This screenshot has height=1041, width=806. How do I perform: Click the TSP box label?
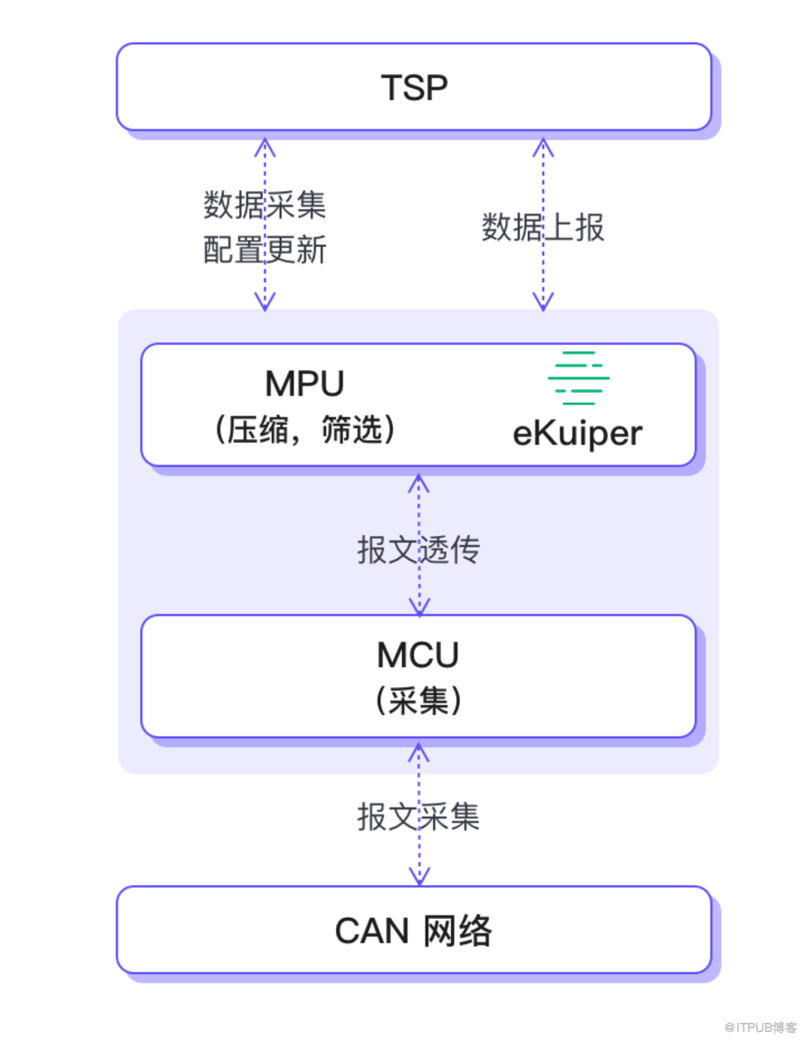point(414,88)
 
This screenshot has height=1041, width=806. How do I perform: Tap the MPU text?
point(304,384)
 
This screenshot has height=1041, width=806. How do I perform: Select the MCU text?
point(417,654)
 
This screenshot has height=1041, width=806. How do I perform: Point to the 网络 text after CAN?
point(458,931)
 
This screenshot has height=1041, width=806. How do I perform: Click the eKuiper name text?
point(578,433)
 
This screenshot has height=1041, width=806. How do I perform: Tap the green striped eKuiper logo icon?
point(579,377)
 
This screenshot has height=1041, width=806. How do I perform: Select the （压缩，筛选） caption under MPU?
point(304,430)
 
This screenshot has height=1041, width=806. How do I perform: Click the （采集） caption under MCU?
point(417,700)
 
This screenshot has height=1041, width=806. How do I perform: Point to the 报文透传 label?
point(417,549)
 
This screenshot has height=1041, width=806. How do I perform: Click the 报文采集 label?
point(417,817)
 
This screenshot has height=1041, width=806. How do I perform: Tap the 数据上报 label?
point(542,226)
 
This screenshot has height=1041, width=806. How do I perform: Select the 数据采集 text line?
point(264,206)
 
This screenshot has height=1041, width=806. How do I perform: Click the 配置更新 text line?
point(264,249)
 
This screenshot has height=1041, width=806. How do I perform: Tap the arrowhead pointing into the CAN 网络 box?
point(418,874)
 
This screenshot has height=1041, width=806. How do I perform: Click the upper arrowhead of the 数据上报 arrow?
point(542,149)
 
